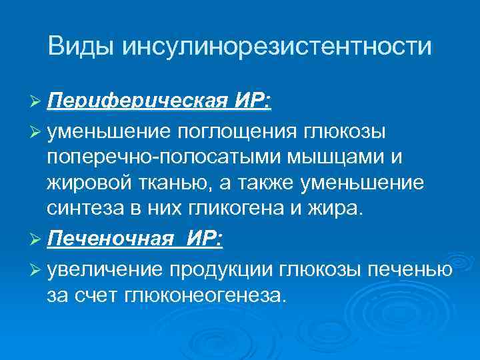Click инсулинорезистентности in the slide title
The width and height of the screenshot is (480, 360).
click(x=277, y=46)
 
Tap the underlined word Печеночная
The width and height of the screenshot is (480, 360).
click(x=106, y=239)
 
